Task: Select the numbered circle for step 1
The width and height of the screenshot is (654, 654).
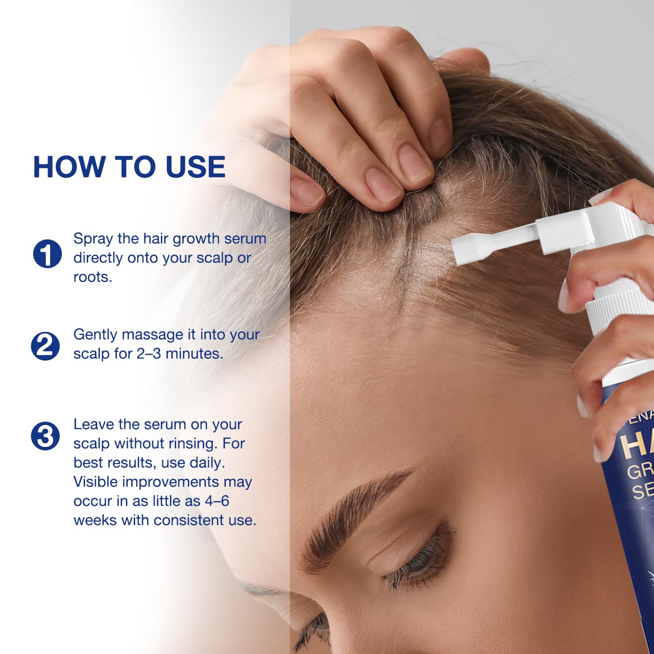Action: click(47, 253)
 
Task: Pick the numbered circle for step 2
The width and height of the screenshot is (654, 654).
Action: click(45, 346)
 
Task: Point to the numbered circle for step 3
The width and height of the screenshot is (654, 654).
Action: click(45, 436)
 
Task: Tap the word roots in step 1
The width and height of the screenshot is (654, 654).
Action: click(92, 277)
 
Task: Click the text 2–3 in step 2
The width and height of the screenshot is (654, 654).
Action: click(149, 354)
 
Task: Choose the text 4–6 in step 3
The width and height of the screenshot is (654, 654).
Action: click(217, 501)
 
